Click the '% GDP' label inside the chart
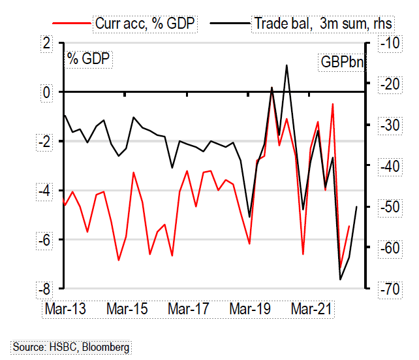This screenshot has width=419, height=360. pyautogui.click(x=89, y=58)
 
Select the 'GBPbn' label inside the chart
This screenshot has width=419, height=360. pyautogui.click(x=341, y=63)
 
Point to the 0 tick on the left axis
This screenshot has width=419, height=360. pyautogui.click(x=46, y=92)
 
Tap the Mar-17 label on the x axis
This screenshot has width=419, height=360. pyautogui.click(x=189, y=307)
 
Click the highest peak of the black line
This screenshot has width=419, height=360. pyautogui.click(x=287, y=65)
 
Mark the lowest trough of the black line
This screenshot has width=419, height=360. pyautogui.click(x=340, y=280)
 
